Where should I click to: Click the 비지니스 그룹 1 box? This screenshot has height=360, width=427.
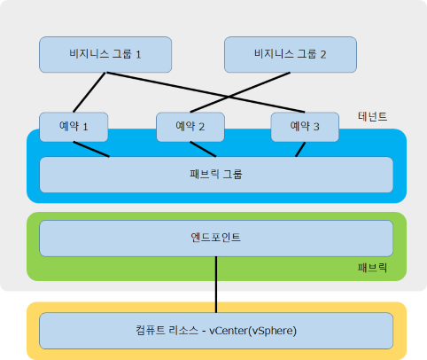pyautogui.click(x=105, y=55)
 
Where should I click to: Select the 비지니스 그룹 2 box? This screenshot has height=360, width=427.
pyautogui.click(x=291, y=55)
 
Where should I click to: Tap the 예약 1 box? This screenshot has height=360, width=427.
pyautogui.click(x=74, y=127)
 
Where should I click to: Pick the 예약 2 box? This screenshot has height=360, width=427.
pyautogui.click(x=190, y=127)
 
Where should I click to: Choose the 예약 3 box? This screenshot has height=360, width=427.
pyautogui.click(x=305, y=127)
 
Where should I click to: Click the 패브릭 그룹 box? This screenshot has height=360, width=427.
pyautogui.click(x=216, y=175)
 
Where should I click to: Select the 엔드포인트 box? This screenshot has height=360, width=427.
pyautogui.click(x=216, y=239)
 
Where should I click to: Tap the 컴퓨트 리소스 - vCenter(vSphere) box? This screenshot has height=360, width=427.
pyautogui.click(x=216, y=331)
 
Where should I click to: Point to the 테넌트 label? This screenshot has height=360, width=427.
pyautogui.click(x=372, y=116)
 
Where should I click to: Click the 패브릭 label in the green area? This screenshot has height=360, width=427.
pyautogui.click(x=372, y=268)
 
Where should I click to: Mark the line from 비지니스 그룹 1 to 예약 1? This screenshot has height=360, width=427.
pyautogui.click(x=89, y=92)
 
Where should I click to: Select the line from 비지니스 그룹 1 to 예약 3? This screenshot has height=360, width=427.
pyautogui.click(x=206, y=92)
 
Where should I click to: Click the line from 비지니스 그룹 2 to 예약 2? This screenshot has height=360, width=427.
pyautogui.click(x=240, y=92)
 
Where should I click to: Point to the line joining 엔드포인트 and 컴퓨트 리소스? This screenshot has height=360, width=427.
pyautogui.click(x=216, y=285)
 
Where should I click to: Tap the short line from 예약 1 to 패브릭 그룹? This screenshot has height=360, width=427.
pyautogui.click(x=91, y=149)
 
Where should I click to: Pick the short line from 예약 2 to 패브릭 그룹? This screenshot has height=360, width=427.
pyautogui.click(x=203, y=149)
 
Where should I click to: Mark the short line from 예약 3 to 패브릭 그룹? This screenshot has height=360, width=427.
pyautogui.click(x=300, y=150)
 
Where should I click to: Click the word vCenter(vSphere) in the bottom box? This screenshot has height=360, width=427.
pyautogui.click(x=252, y=331)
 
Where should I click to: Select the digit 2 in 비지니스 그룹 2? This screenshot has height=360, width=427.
pyautogui.click(x=323, y=55)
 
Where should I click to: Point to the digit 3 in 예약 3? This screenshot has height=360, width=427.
pyautogui.click(x=316, y=127)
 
